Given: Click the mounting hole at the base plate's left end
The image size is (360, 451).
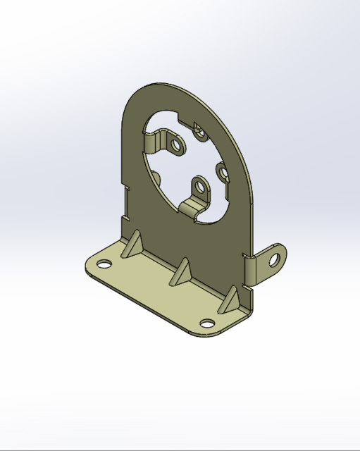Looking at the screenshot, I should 104,265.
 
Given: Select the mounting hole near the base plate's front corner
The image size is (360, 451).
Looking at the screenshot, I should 207,323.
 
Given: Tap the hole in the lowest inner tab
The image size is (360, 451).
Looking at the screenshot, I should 201,189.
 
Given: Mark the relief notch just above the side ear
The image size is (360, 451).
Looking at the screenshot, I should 244,252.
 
